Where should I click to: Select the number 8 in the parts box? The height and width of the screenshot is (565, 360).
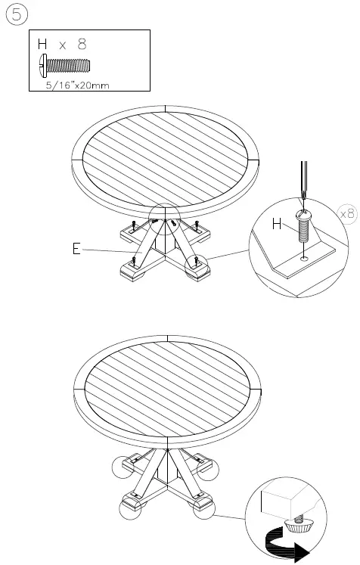(x=82, y=45)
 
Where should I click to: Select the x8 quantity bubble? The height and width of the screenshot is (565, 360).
(x=347, y=213)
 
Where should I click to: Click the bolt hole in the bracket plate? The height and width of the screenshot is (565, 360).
(x=303, y=258)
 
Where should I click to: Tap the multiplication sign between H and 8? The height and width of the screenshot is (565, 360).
(x=63, y=46)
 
